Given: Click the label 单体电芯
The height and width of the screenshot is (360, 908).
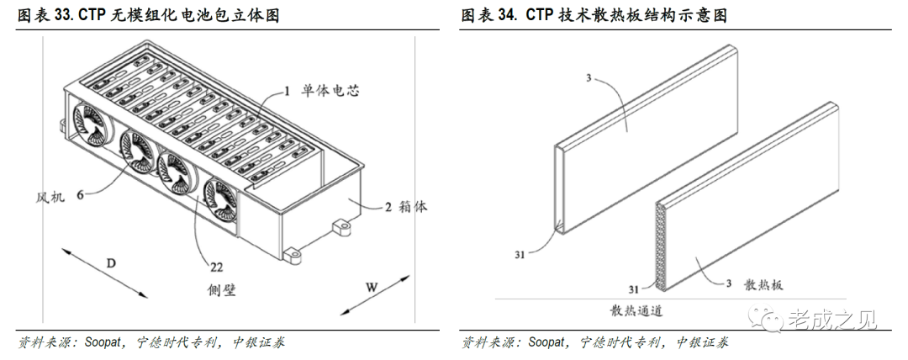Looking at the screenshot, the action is coord(331,91).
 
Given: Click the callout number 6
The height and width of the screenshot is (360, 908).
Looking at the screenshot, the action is coord(81,194).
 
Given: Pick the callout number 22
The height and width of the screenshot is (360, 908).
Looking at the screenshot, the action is coord(217,267).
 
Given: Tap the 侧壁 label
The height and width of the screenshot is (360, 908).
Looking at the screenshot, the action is coord(221,290).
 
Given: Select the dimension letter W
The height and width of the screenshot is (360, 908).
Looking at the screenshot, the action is coord(372,286).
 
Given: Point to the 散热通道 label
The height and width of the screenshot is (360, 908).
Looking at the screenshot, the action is coord(636,310).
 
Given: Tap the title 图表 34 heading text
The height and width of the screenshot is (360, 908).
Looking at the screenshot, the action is coord(594,15).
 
